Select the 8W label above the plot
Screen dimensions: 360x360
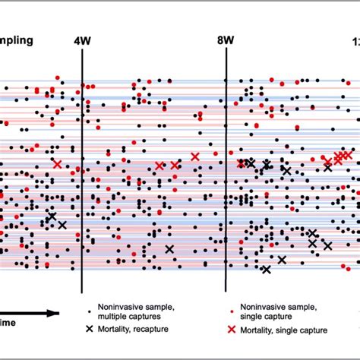click(226, 42)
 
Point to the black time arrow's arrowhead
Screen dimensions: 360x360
click(55, 313)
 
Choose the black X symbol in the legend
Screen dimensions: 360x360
click(90, 329)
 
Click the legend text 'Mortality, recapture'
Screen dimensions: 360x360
click(136, 329)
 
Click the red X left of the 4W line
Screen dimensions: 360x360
click(57, 163)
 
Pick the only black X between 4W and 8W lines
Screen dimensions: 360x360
click(169, 249)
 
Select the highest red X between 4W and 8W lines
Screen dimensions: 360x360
click(195, 156)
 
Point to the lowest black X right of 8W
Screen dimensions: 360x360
click(266, 269)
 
